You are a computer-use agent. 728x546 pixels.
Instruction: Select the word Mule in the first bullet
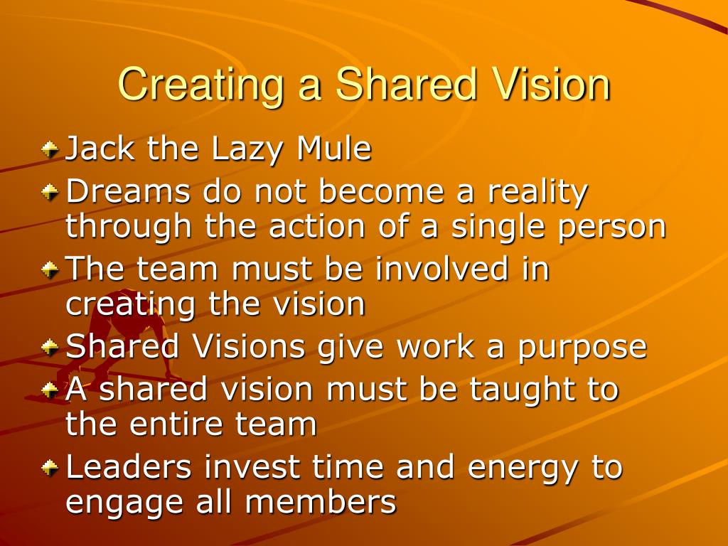(334, 149)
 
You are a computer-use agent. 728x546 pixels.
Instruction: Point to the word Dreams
(128, 191)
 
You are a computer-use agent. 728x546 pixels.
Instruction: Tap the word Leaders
(129, 467)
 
